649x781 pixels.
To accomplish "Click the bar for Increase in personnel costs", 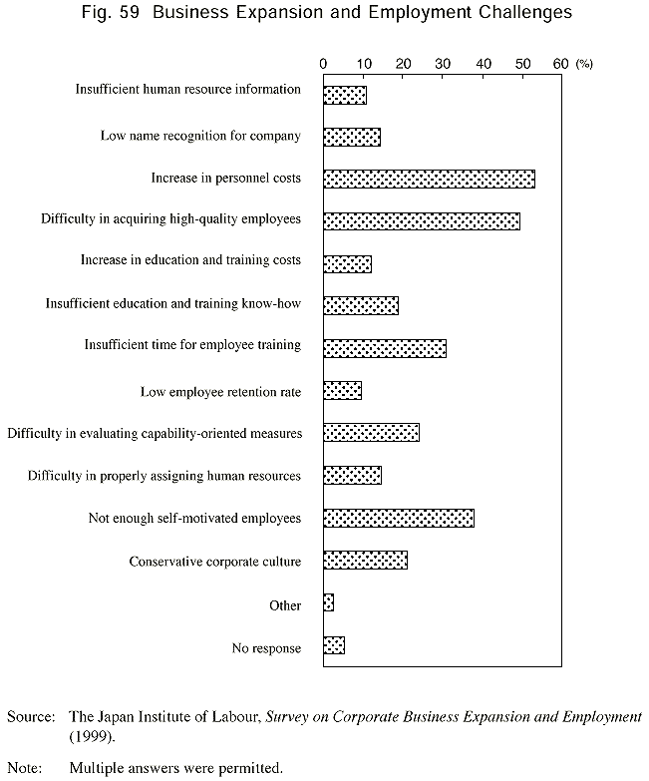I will pos(429,179).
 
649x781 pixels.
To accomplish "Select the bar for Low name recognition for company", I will pos(352,137).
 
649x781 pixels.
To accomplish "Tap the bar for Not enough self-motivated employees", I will pos(399,518).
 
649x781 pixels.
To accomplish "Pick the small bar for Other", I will pos(328,602).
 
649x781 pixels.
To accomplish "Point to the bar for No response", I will pos(334,645).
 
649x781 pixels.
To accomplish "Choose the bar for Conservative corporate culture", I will pos(365,561).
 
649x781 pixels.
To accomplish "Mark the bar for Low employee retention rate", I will pos(342,390).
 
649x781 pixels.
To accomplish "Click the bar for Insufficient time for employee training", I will pos(385,348).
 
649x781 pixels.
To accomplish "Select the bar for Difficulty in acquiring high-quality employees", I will pos(422,220).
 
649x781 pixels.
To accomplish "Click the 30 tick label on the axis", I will pos(443,63).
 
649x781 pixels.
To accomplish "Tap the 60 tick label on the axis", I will pos(561,63).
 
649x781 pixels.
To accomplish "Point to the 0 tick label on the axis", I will pos(324,63).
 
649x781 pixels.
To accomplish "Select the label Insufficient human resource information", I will pos(188,90).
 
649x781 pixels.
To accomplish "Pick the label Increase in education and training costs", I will pos(190,260).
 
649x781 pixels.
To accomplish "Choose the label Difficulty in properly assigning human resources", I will pos(164,476).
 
